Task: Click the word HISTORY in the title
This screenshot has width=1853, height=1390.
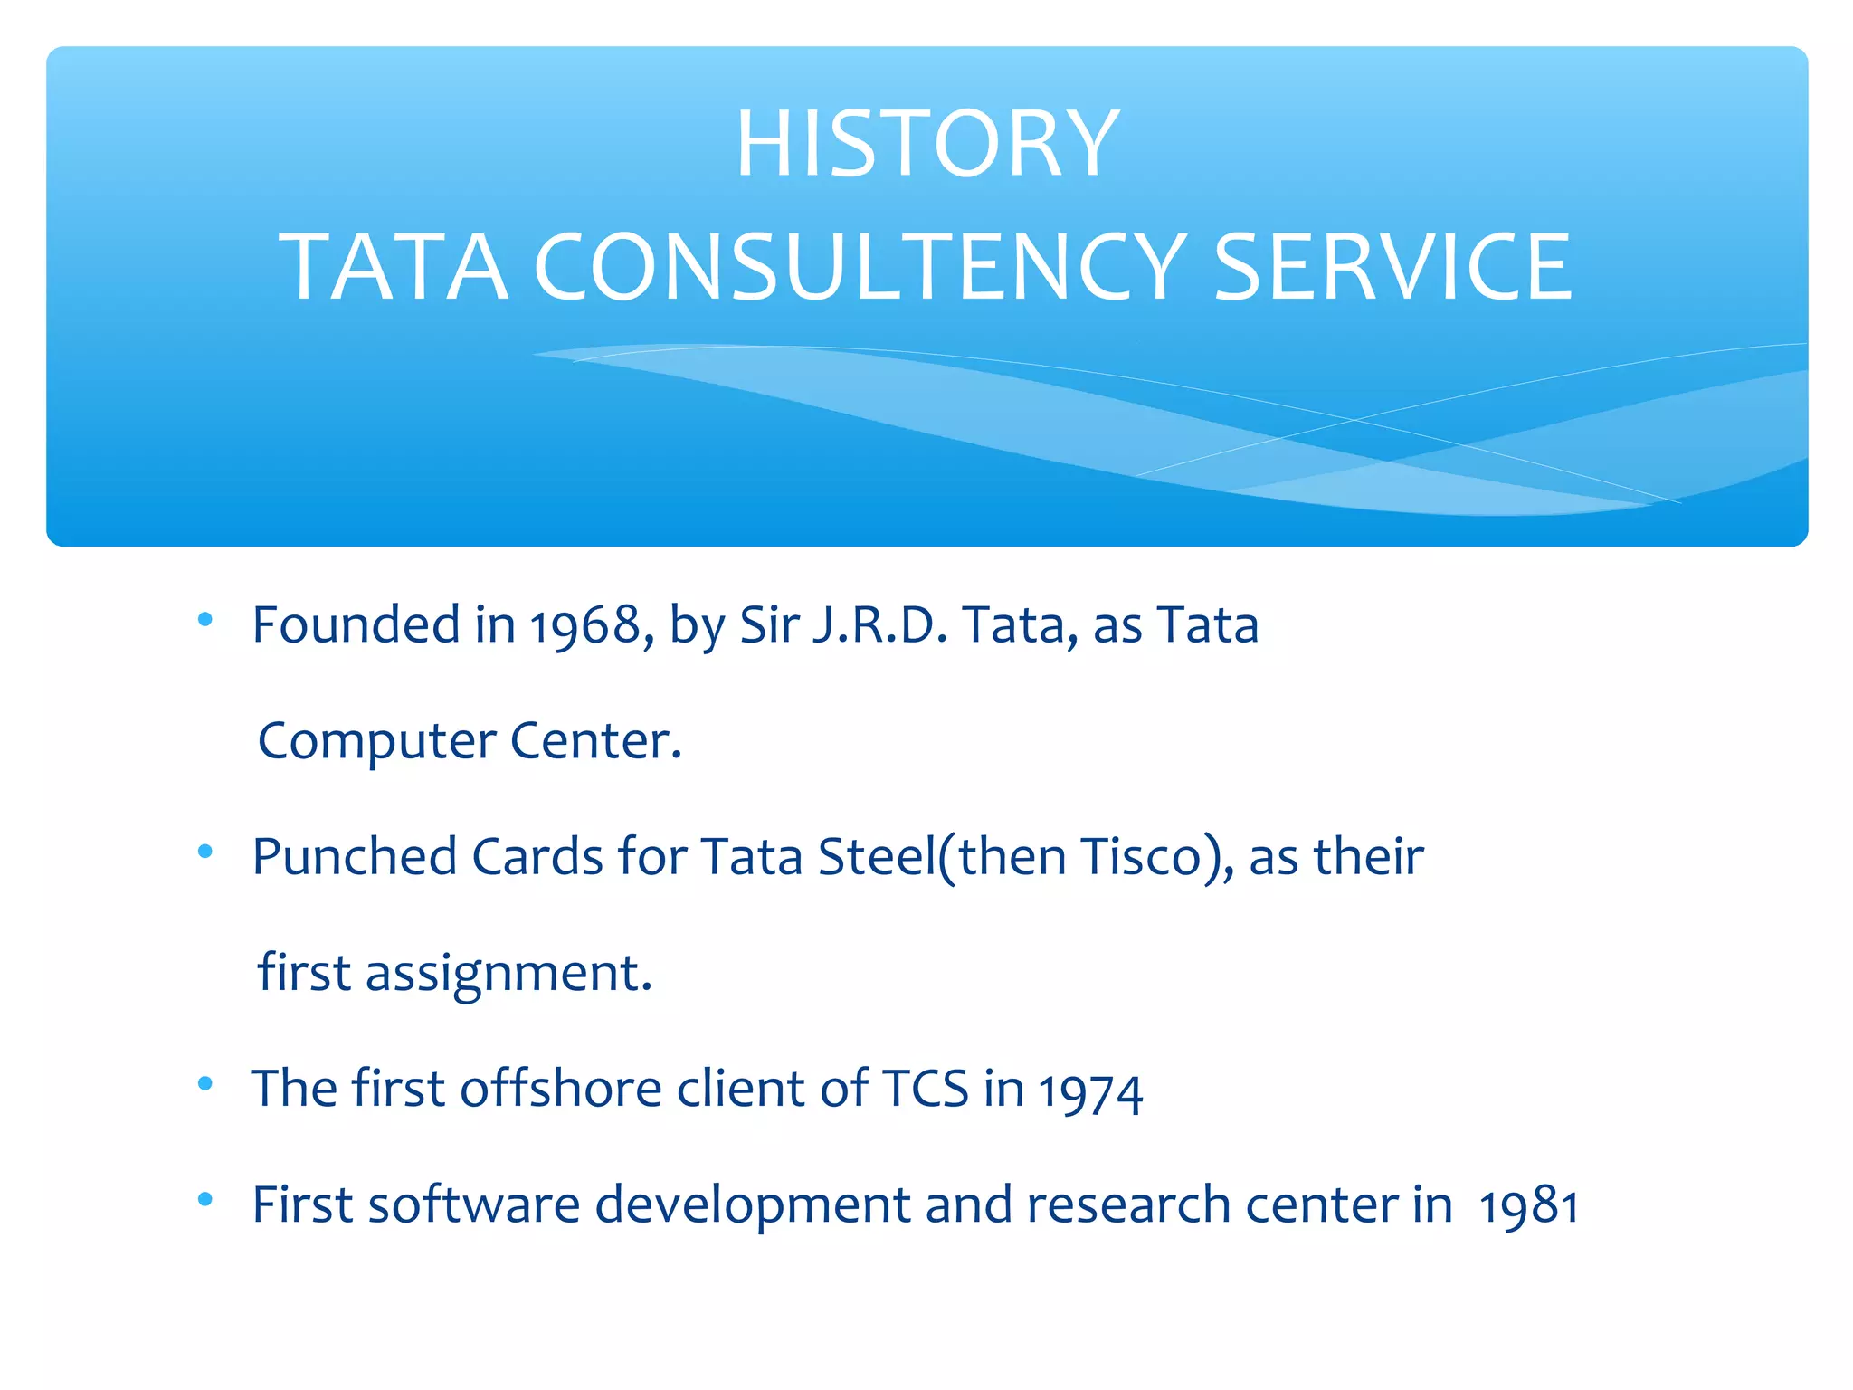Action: coord(926,144)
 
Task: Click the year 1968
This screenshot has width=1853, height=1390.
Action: coord(585,626)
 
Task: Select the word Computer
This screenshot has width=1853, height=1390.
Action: coord(376,742)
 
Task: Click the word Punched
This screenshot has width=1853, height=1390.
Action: coord(354,857)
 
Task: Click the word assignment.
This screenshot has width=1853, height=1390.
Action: coord(508,975)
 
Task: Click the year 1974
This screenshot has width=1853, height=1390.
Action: coord(1090,1092)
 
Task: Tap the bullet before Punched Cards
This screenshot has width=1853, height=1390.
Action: coord(205,852)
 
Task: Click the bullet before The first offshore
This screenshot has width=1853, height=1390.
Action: coord(205,1083)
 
